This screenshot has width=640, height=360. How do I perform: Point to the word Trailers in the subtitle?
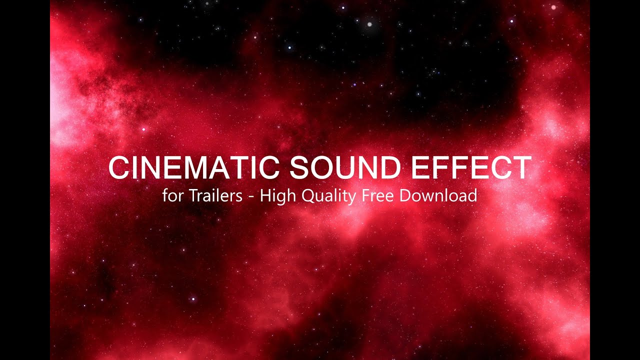[215, 195]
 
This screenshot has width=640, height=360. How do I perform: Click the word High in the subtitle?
[278, 196]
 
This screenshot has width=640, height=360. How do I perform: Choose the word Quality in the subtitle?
[327, 196]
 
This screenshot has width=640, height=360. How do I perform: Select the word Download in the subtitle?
[438, 195]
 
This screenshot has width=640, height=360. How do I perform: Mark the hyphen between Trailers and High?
[251, 197]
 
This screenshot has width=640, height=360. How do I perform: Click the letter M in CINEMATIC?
[209, 168]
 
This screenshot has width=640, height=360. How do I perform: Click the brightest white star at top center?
[369, 23]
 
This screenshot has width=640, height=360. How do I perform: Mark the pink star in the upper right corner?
[553, 7]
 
